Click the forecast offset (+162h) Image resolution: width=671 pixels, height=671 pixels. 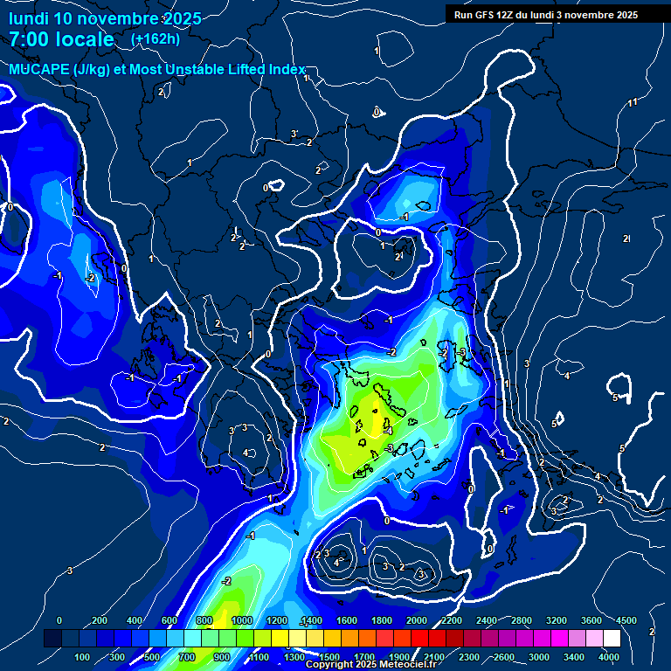tap(155, 39)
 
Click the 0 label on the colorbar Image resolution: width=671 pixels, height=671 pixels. tap(59, 620)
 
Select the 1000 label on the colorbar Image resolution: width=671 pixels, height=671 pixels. tap(242, 620)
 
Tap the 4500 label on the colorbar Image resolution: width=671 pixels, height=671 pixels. tap(626, 620)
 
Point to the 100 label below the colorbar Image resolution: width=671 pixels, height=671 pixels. tap(82, 657)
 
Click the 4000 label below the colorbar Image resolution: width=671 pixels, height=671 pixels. tap(609, 657)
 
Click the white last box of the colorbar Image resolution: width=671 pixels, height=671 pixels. tap(612, 639)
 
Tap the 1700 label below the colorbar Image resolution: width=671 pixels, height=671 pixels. tap(363, 657)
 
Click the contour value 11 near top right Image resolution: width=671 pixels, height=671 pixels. tap(633, 103)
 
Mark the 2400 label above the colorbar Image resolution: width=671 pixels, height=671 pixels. tap(487, 620)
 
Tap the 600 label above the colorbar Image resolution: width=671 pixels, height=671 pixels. tap(169, 620)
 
